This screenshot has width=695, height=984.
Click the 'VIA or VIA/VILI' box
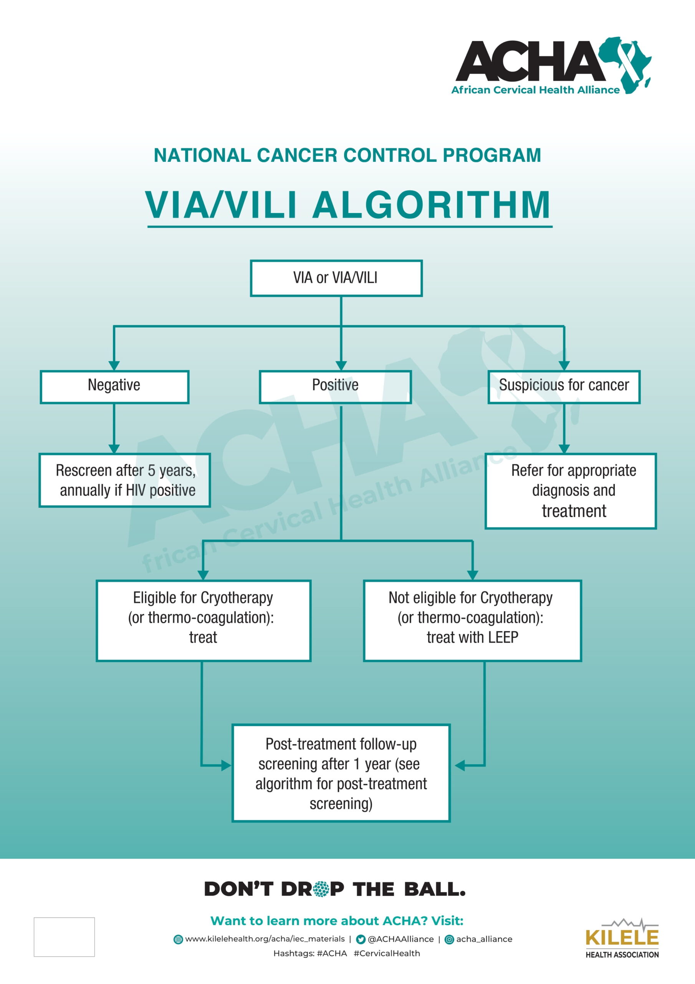coord(336,278)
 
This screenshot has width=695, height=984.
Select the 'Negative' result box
coord(114,387)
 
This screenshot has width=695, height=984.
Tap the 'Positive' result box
coord(335,387)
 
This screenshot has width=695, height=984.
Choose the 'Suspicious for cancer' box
coord(564,387)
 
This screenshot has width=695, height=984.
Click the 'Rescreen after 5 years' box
coord(125,480)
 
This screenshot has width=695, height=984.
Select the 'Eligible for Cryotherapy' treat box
coord(204,620)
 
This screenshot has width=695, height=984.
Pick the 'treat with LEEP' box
coord(472,620)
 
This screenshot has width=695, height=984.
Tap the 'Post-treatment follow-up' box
coord(341,773)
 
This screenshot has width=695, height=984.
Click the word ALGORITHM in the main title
coord(431,205)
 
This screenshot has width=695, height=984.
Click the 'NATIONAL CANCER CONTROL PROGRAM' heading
coord(347,155)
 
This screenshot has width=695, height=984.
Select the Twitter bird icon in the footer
coord(361,939)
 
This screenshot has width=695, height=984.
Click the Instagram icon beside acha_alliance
coord(450,939)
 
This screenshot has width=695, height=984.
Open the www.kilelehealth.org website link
coord(265,939)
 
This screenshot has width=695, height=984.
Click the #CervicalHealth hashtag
coord(387,953)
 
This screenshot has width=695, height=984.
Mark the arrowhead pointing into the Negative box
coord(114,365)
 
